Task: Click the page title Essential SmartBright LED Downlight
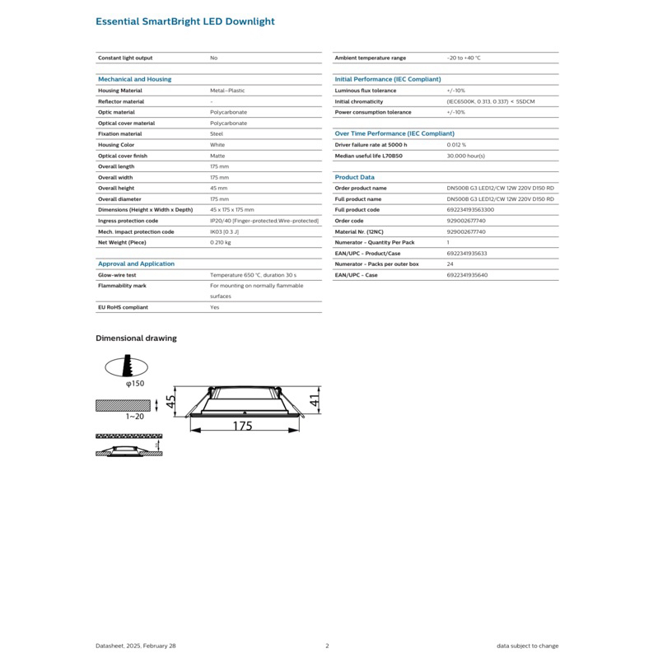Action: [185, 21]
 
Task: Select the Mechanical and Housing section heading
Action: [134, 79]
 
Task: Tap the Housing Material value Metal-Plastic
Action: [227, 90]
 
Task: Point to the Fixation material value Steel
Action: [217, 133]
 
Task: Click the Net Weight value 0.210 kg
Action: [221, 243]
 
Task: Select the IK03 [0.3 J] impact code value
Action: [225, 231]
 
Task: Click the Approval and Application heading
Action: [136, 264]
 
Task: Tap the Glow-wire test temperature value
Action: [253, 274]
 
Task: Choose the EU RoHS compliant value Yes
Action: [214, 306]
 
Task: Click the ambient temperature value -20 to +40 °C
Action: [463, 58]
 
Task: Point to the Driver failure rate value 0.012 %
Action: [456, 144]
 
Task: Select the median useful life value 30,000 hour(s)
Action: [465, 155]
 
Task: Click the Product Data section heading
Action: [354, 177]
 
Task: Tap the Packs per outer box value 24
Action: [450, 264]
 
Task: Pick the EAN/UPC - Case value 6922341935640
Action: [467, 274]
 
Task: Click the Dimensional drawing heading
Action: [136, 338]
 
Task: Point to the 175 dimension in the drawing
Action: [241, 427]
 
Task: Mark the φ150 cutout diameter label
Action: [135, 384]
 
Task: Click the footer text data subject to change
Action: [527, 646]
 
